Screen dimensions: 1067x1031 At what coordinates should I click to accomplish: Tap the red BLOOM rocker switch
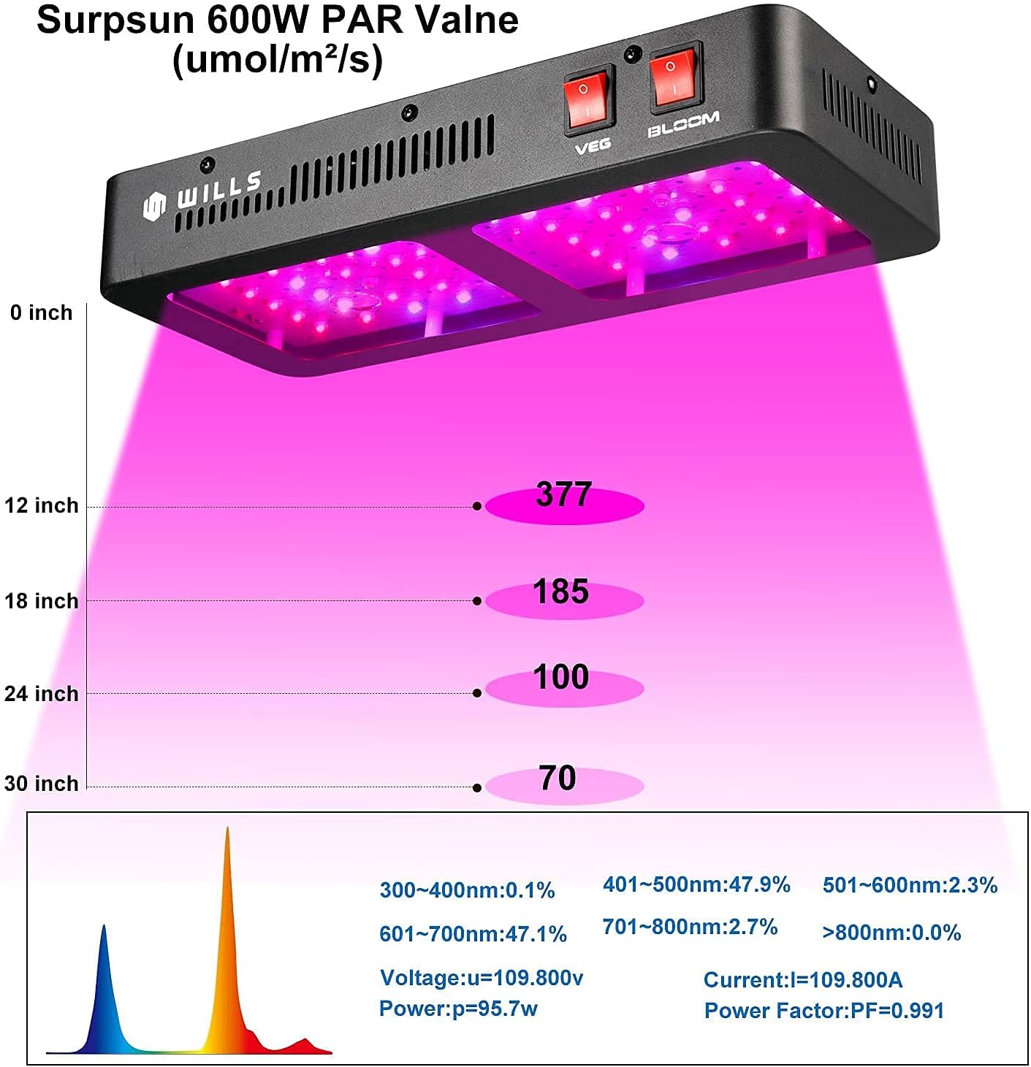pos(674,79)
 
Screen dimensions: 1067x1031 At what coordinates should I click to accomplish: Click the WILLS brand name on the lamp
pos(218,191)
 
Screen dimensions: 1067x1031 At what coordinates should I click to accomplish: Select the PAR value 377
pos(563,495)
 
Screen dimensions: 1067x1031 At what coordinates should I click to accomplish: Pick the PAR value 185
pos(560,592)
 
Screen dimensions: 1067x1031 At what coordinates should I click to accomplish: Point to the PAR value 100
pos(560,678)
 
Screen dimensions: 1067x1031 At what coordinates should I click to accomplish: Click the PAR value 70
pos(558,779)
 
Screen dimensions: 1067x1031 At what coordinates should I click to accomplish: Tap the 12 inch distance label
pos(41,505)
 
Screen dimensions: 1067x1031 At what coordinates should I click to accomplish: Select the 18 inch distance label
pos(41,601)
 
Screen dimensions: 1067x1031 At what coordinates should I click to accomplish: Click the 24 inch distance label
pos(41,693)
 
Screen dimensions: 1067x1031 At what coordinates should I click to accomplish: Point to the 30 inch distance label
pos(41,784)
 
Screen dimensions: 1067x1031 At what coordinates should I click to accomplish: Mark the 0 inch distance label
pos(41,313)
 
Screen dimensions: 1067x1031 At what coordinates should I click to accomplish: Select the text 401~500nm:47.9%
pos(696,885)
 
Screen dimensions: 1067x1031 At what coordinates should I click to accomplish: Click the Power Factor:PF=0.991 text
pos(823,1011)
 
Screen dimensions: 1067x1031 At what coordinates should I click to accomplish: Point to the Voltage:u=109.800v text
pos(481,978)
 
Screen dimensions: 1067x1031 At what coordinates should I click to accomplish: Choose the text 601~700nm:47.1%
pos(473,933)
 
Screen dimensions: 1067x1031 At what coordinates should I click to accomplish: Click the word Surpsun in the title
pos(116,20)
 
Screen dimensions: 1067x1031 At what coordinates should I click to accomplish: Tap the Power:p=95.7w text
pos(458,1009)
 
